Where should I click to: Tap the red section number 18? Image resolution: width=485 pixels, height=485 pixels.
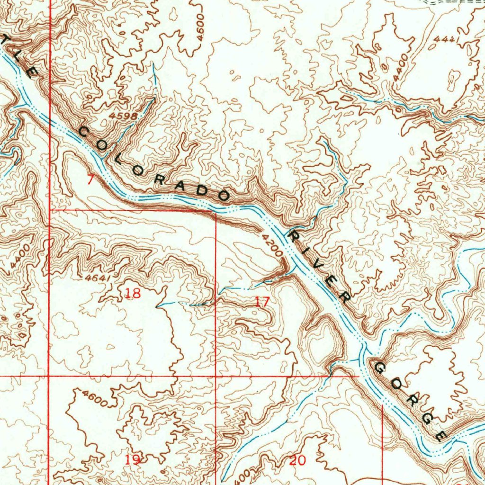tap(133, 294)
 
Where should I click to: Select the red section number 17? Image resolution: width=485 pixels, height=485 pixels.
tap(262, 301)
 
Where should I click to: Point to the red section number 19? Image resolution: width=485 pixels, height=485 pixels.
tap(133, 459)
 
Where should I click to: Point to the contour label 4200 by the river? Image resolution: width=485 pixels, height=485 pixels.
tap(271, 245)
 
